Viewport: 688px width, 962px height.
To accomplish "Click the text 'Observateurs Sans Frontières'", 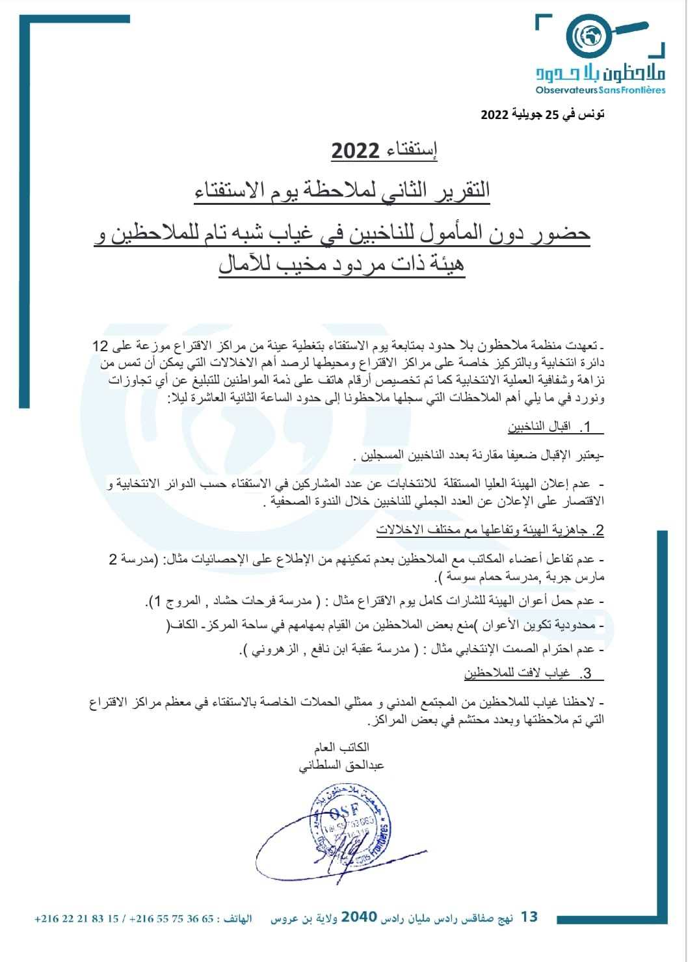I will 602,89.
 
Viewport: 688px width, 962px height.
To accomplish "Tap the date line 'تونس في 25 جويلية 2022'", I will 542,114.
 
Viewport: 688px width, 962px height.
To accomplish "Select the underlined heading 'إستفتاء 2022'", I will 384,151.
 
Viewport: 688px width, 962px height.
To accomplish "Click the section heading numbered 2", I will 490,531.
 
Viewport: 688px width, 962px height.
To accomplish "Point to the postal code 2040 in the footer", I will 359,917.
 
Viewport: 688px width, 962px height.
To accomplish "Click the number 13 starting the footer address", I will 529,917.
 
